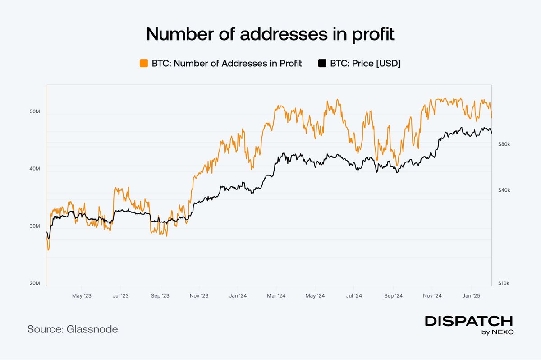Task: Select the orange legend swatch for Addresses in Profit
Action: (x=144, y=64)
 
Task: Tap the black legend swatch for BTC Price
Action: (x=322, y=64)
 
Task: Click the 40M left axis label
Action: (x=34, y=169)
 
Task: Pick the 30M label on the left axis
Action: (x=34, y=226)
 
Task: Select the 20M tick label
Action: (x=34, y=283)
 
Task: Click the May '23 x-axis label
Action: (x=82, y=296)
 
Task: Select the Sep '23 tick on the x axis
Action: (x=160, y=296)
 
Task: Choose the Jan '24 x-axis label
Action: (x=237, y=296)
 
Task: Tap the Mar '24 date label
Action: (x=276, y=296)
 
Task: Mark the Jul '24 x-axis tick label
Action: (x=354, y=296)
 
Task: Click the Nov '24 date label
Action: (x=432, y=296)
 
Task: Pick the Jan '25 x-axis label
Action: (x=471, y=296)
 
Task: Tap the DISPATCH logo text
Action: (x=469, y=321)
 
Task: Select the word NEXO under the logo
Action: (x=503, y=332)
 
